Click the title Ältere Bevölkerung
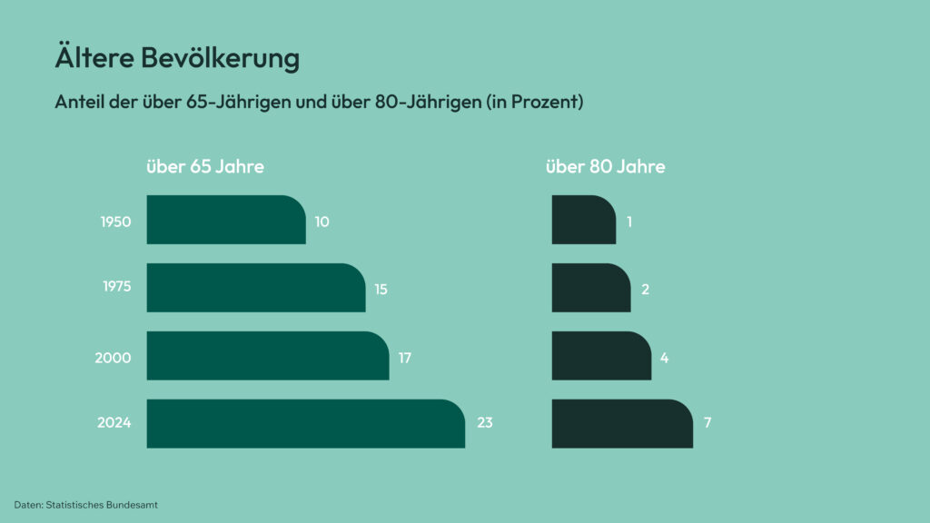coord(177,59)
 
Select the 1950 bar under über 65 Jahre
coord(225,220)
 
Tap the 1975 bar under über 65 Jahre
coord(255,288)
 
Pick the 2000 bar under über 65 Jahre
coord(267,356)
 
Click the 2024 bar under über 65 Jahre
coord(305,423)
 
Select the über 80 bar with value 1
coord(583,220)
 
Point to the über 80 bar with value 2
coord(590,288)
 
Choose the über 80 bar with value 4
coord(600,356)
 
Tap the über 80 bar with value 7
coord(621,423)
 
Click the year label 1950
coord(115,221)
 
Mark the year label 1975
coord(116,288)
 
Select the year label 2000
coord(114,357)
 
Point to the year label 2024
coord(114,423)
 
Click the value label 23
coord(485,423)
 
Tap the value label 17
coord(405,357)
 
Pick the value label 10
coord(322,222)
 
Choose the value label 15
coord(381,290)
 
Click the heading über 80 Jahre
coord(605,167)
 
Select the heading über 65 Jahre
coord(205,167)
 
